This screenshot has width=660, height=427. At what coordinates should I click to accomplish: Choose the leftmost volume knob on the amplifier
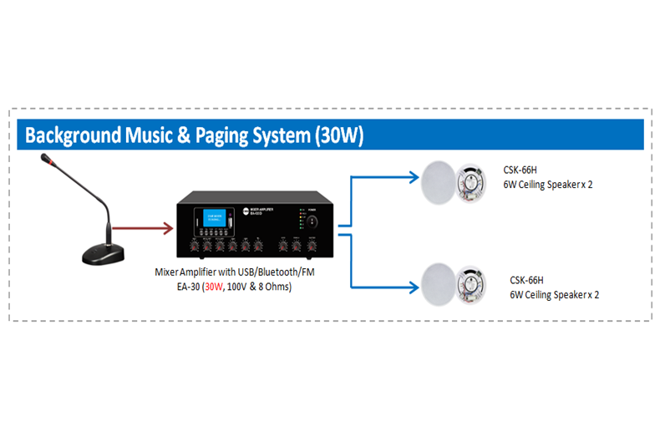(x=194, y=247)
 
